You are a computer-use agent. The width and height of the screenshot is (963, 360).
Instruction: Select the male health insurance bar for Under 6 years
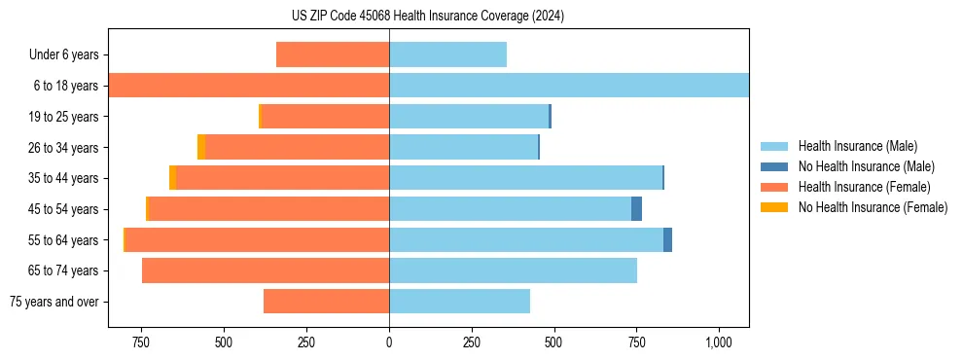coord(447,54)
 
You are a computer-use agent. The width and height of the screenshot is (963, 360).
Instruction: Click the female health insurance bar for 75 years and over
coord(326,302)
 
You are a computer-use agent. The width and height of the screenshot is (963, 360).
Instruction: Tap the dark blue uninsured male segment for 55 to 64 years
coord(667,240)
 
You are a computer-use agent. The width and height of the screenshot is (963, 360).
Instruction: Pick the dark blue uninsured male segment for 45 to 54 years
coord(636,209)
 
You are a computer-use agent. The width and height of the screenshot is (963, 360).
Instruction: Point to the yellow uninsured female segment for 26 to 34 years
coord(201,147)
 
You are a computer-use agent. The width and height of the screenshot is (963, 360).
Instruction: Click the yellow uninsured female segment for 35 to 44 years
coord(172,178)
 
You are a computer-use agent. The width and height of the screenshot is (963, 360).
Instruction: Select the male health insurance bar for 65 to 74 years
coord(513,270)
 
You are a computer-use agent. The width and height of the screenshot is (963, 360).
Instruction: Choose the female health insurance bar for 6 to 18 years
coord(249,86)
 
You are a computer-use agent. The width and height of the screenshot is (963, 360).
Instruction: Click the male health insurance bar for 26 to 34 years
coord(463,147)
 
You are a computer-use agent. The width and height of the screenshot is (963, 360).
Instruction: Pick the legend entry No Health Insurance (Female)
coord(873,207)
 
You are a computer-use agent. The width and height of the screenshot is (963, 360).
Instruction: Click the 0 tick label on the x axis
coord(389,342)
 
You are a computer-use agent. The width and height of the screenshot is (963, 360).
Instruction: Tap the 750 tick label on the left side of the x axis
coord(141,342)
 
